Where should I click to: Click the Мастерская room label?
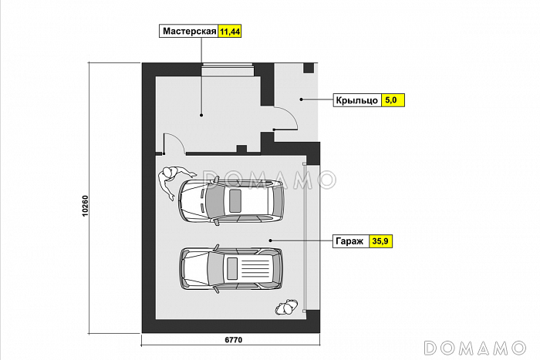coord(189,32)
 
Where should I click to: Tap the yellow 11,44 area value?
coord(230,32)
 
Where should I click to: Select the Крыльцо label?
coord(356,100)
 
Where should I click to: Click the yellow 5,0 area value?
coord(391,100)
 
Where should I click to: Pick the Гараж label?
coord(349,241)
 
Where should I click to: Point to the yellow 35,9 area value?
coord(380,241)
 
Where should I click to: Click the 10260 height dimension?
coord(85,206)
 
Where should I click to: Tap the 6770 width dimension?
coord(234,340)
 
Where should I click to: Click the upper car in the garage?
coord(231,200)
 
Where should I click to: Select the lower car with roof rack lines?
coord(231,268)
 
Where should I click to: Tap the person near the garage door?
coord(286,307)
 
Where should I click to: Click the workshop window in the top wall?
coord(228,69)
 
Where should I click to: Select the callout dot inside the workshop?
coord(201,116)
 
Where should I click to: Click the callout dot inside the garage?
coord(270,241)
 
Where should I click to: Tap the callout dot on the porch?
coord(301,99)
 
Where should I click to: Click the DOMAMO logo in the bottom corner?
coord(475,348)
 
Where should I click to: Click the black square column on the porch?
coord(309,68)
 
